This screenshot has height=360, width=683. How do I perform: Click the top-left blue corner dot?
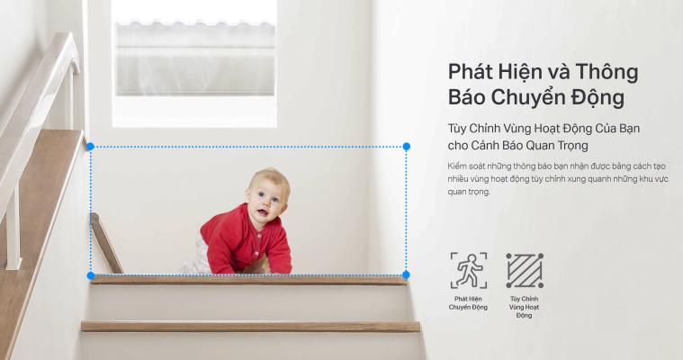click(90, 146)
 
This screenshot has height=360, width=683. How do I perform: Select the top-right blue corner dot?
click(406, 146)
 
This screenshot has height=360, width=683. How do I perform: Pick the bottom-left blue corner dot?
click(90, 274)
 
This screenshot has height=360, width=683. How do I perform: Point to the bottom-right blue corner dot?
click(406, 274)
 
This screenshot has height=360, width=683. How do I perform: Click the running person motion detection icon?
click(468, 270)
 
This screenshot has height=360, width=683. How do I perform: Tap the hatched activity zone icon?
click(524, 270)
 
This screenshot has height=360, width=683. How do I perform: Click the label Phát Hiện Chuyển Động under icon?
click(468, 302)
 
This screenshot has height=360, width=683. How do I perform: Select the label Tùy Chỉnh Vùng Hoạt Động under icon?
click(524, 306)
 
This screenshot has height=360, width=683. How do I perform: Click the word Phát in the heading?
click(470, 71)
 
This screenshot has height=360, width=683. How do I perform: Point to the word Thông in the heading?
click(606, 71)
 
